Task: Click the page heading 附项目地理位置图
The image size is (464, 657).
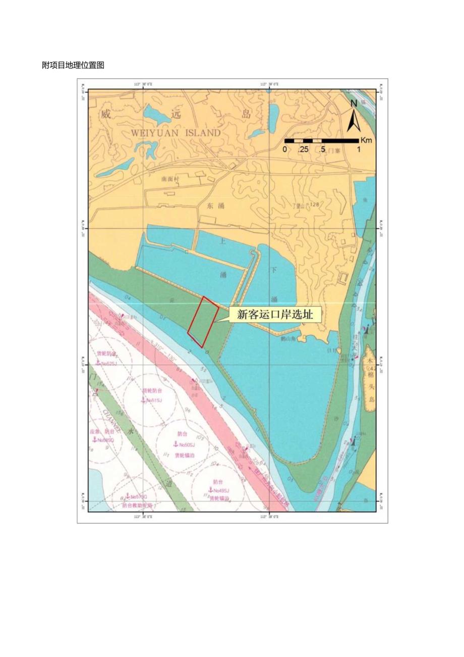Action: click(x=73, y=65)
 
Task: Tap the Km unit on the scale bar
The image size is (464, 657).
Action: click(x=366, y=140)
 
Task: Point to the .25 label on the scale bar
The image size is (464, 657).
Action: click(x=303, y=149)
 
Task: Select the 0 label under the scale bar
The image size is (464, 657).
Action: click(x=284, y=149)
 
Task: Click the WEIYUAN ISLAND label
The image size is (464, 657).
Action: click(x=176, y=133)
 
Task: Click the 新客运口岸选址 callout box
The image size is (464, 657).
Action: click(x=272, y=315)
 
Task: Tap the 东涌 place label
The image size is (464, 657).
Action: click(x=215, y=206)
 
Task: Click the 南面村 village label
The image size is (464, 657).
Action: click(x=170, y=179)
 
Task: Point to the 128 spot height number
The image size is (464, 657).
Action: click(x=315, y=205)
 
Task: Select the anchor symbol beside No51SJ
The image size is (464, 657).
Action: click(x=143, y=400)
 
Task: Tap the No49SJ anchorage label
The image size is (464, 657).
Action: click(x=221, y=490)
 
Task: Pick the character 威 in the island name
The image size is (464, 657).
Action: click(x=105, y=114)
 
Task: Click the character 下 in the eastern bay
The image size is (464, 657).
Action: click(x=274, y=270)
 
